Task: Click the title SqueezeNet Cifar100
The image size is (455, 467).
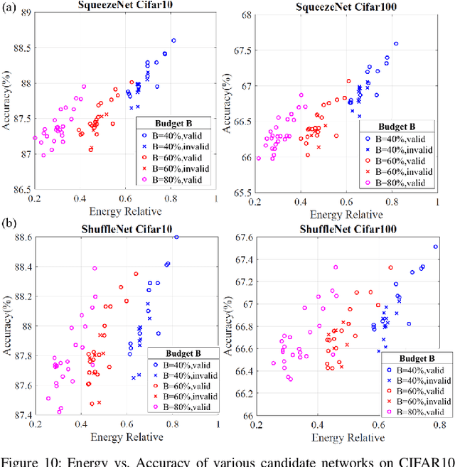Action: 346,6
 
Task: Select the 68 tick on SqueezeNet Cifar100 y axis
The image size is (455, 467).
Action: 247,14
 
